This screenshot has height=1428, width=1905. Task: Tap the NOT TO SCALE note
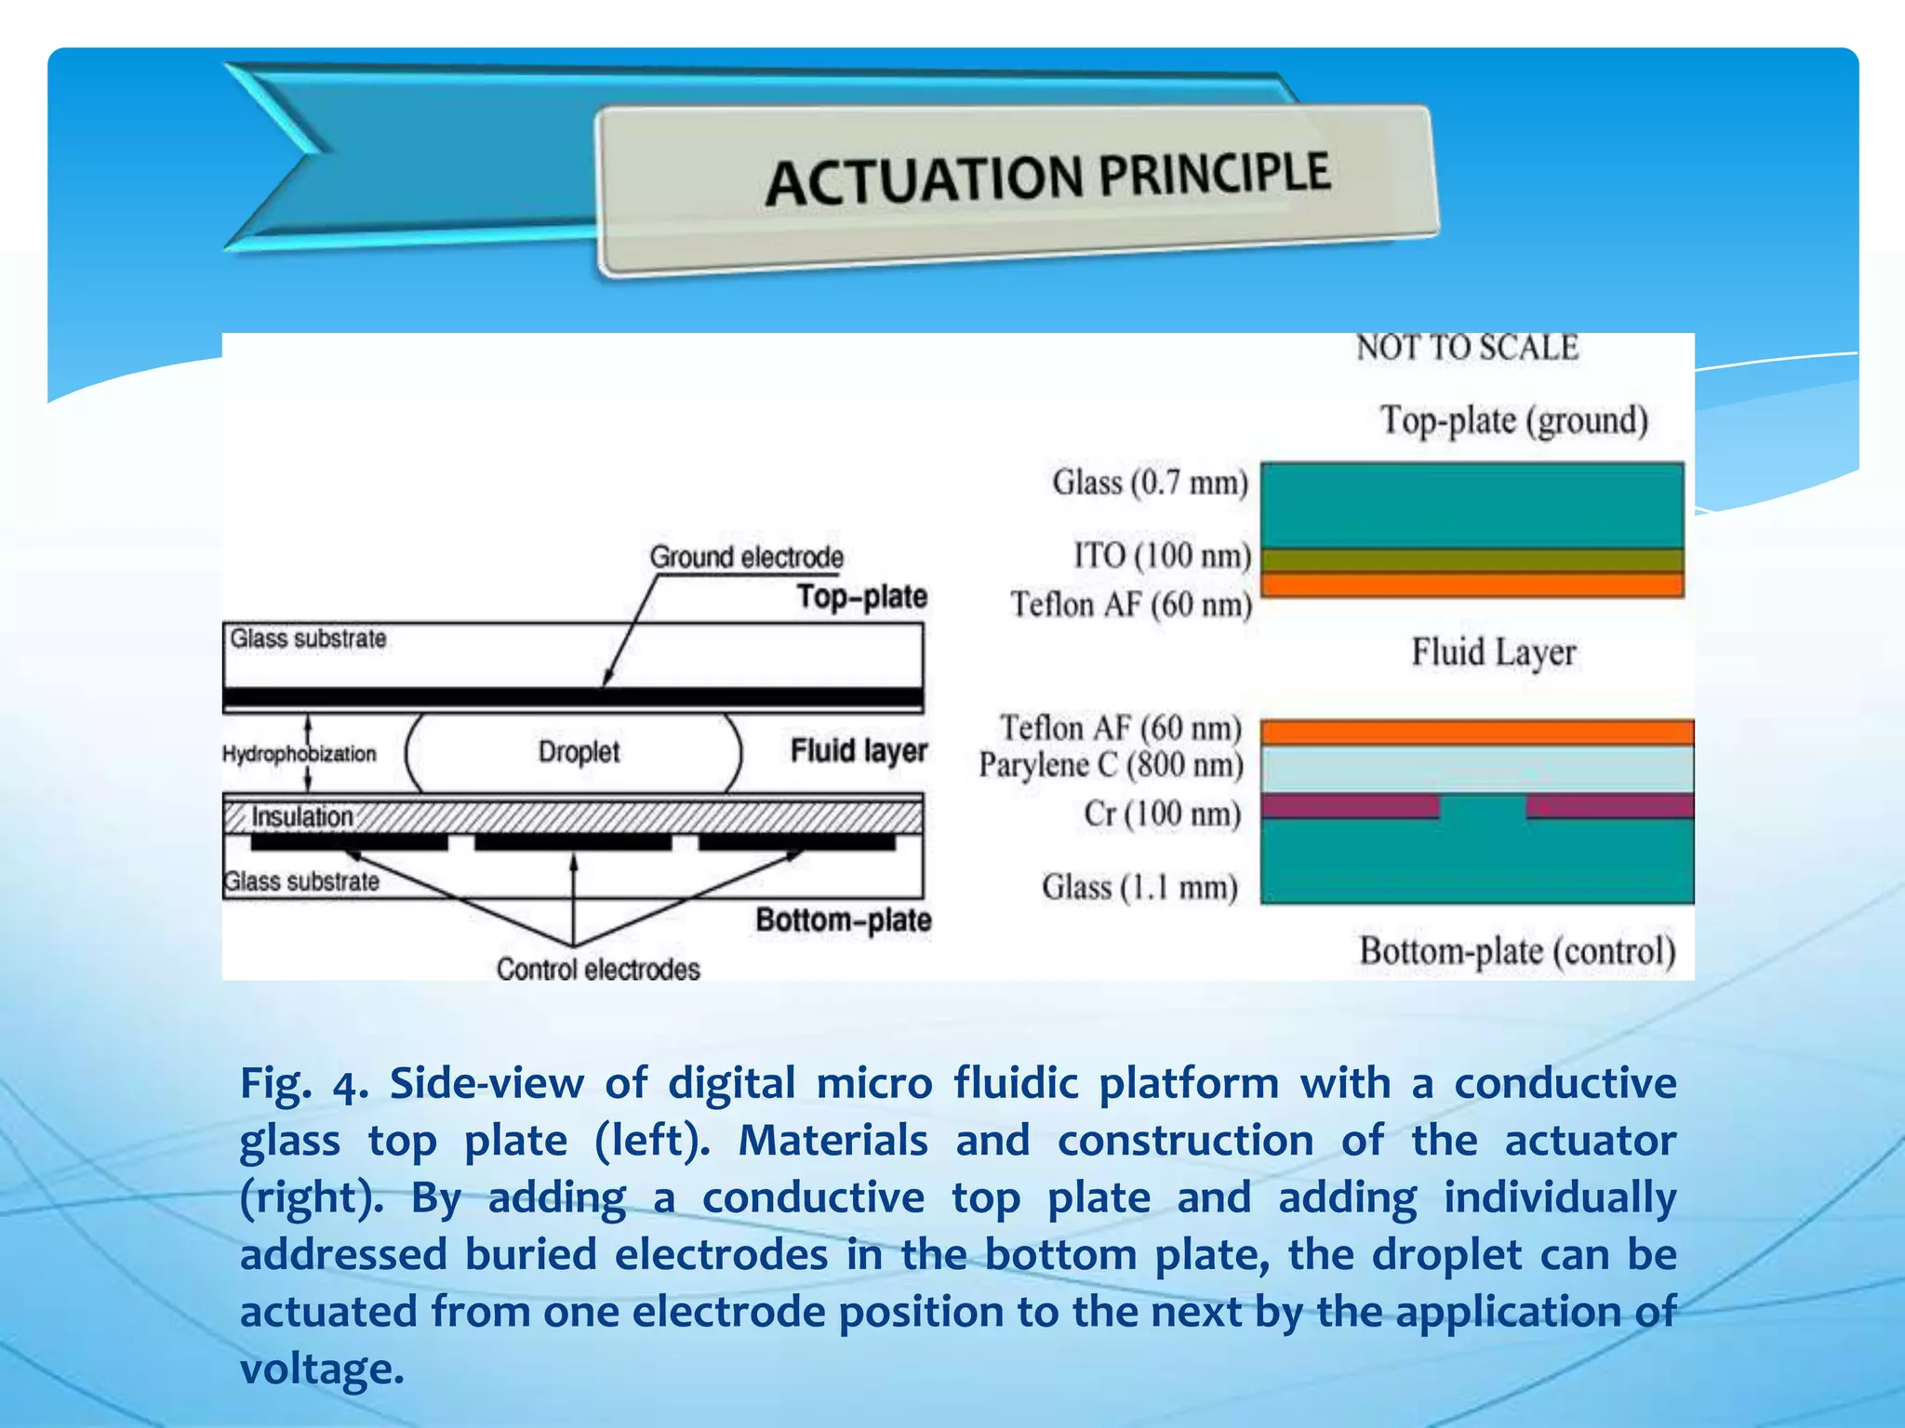(x=1467, y=348)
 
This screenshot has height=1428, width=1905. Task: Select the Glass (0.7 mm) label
(x=1150, y=483)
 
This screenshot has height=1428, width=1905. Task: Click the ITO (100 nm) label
(x=1162, y=555)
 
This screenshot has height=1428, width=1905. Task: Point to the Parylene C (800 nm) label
(x=1111, y=765)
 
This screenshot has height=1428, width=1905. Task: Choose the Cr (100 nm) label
(x=1162, y=813)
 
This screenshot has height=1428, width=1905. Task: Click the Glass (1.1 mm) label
(x=1139, y=887)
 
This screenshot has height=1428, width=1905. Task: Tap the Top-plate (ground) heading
(x=1513, y=420)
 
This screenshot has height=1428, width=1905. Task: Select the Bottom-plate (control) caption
(x=1517, y=951)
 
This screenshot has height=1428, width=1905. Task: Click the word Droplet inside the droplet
(x=579, y=751)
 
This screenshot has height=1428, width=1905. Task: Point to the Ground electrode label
(x=746, y=557)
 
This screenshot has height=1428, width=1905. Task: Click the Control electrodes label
(x=597, y=970)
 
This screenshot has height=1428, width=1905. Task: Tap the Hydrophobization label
(x=299, y=753)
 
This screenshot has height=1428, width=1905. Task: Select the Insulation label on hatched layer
(x=302, y=816)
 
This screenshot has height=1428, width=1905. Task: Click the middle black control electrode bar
(x=573, y=842)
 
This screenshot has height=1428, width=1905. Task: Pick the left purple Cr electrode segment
(x=1350, y=805)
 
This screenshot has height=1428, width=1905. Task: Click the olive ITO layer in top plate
(x=1472, y=560)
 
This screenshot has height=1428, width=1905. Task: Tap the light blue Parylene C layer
(x=1476, y=769)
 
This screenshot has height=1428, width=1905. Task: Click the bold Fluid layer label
(x=859, y=750)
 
